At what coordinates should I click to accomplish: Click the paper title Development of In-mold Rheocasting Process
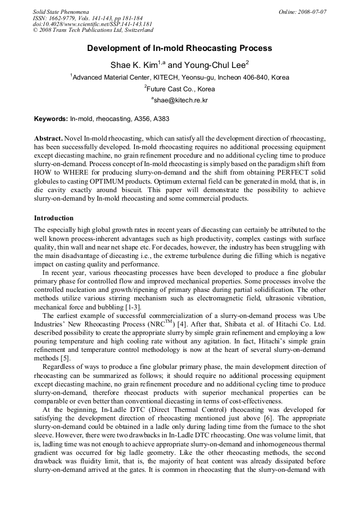pos(179,48)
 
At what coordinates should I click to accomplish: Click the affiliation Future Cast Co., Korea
pos(181,89)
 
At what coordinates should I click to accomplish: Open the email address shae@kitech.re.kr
pos(181,100)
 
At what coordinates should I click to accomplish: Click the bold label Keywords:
pos(51,119)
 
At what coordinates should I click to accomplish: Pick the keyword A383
pos(161,119)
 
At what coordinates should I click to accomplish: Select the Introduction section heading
pos(54,218)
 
